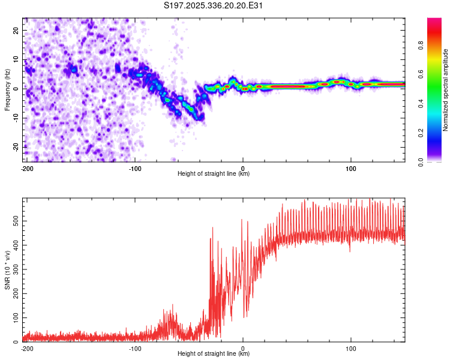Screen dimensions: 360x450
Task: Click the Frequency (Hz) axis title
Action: click(7, 90)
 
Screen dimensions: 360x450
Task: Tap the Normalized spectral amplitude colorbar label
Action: click(446, 90)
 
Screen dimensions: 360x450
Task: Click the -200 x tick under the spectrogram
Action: click(27, 168)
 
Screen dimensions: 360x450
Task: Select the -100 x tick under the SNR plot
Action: click(135, 348)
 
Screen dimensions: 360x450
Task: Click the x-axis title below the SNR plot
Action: click(214, 354)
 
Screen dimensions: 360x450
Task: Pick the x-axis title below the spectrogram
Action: click(214, 174)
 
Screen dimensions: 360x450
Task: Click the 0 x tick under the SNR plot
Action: click(243, 348)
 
